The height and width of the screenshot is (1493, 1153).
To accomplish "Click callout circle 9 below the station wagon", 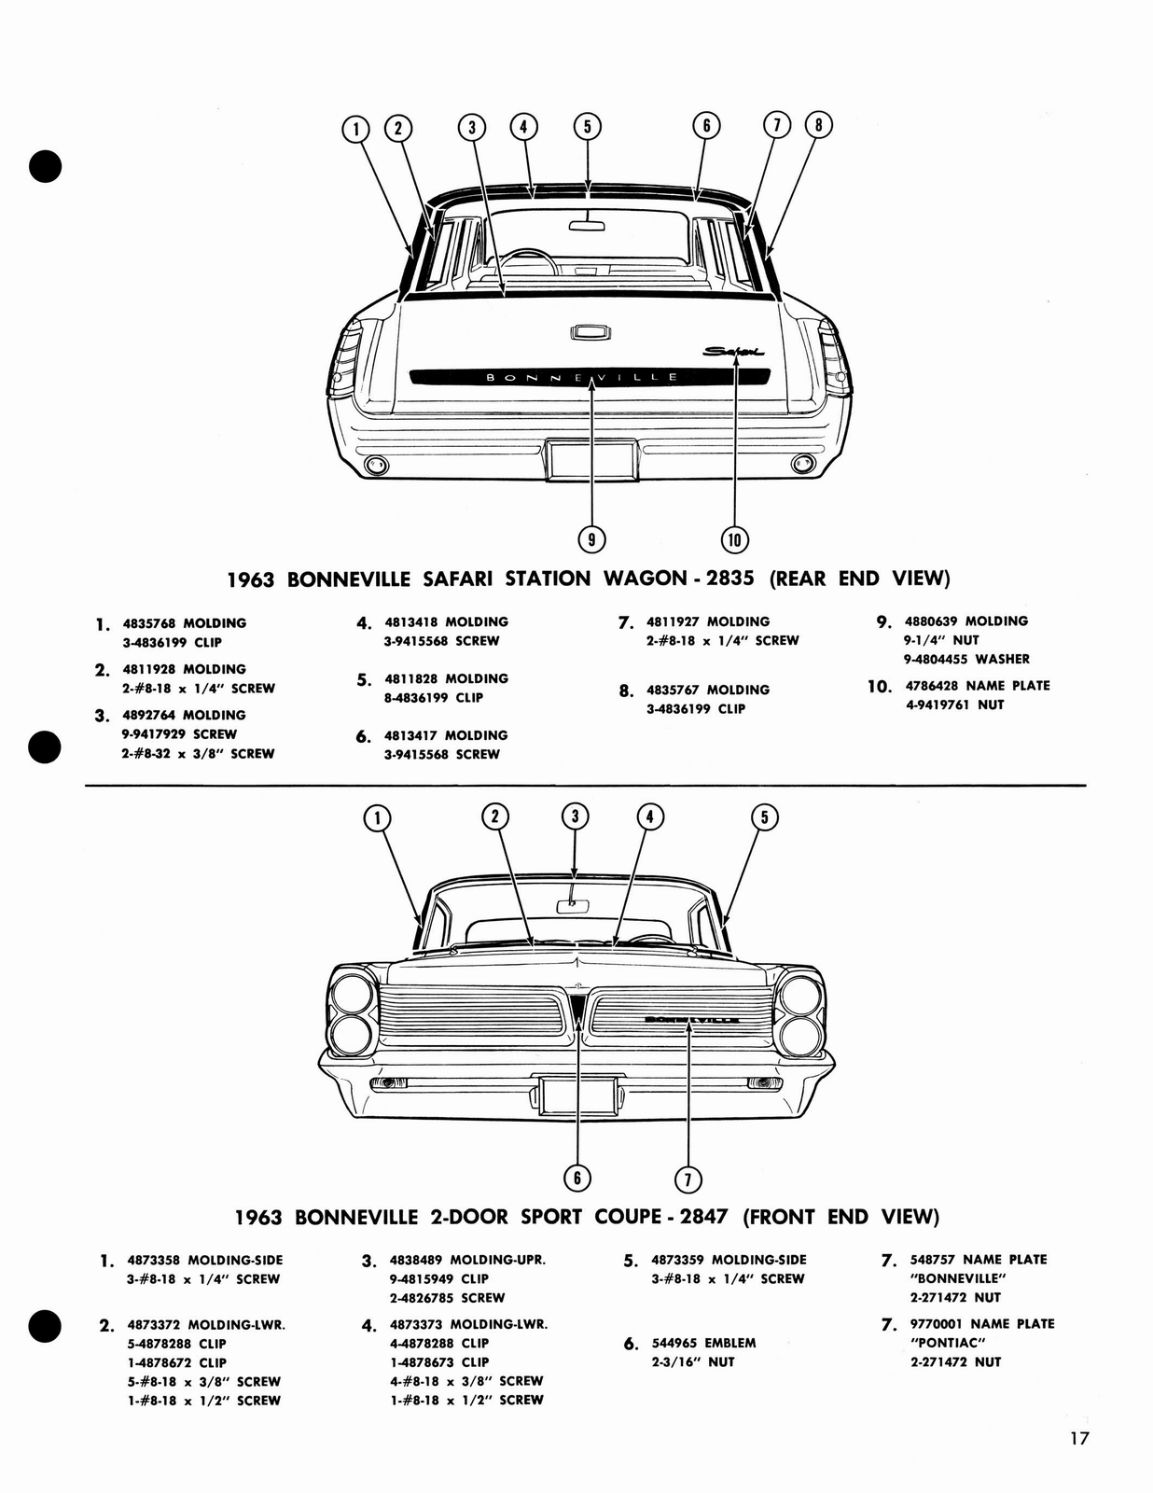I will [591, 538].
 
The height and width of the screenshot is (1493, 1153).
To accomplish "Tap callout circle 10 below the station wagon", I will [734, 538].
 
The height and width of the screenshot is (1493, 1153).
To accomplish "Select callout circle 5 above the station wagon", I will [587, 126].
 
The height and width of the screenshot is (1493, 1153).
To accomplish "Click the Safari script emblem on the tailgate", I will [734, 352].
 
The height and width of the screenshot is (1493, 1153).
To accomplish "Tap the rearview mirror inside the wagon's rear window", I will [588, 223].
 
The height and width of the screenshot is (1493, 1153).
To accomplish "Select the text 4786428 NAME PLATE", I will [978, 685].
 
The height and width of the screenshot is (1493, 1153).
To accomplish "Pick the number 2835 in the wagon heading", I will [730, 578].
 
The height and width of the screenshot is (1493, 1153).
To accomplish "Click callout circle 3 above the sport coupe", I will [575, 816].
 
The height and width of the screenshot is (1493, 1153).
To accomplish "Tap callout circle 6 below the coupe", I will [576, 1178].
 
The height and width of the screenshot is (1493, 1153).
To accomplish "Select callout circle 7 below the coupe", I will [688, 1179].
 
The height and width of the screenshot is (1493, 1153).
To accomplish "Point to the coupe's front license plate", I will [577, 1094].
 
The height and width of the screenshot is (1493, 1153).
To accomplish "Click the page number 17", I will [1078, 1438].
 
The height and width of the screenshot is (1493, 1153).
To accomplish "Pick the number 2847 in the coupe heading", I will [704, 1216].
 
